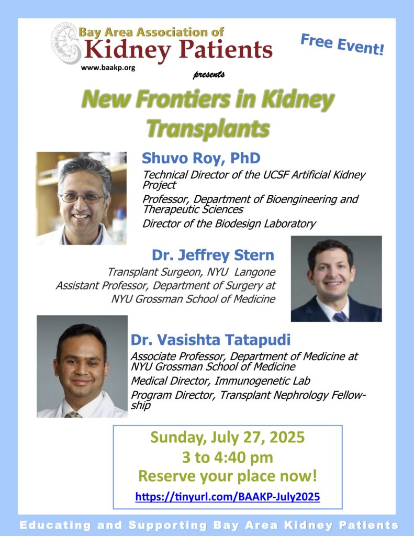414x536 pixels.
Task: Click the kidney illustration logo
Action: point(65,43)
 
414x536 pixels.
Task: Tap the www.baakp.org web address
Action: point(108,68)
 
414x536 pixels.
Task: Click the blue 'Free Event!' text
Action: point(342,44)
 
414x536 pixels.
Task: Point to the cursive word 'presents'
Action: point(208,74)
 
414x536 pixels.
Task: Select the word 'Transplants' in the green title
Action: point(208,129)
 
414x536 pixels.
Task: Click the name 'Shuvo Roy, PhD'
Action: point(201,158)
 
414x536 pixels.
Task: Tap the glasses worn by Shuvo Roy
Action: point(82,197)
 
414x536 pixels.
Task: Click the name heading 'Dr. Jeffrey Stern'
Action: point(213,255)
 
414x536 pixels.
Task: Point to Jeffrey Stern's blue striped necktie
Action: point(340,317)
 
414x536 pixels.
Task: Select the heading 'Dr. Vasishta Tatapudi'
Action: point(210,340)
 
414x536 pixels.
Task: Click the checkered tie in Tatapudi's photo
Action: point(73,415)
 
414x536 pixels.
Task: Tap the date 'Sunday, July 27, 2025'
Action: point(227,438)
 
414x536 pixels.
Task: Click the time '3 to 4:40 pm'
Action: point(227,457)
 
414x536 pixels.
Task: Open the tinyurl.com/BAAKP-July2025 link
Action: point(228,496)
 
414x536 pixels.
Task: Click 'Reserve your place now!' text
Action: point(227,476)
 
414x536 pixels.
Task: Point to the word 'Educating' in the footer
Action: point(55,525)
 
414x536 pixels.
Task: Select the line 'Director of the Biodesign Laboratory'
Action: point(229,224)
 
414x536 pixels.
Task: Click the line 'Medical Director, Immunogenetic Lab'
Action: point(220,381)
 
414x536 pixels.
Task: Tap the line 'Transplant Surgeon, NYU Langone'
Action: point(192,272)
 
